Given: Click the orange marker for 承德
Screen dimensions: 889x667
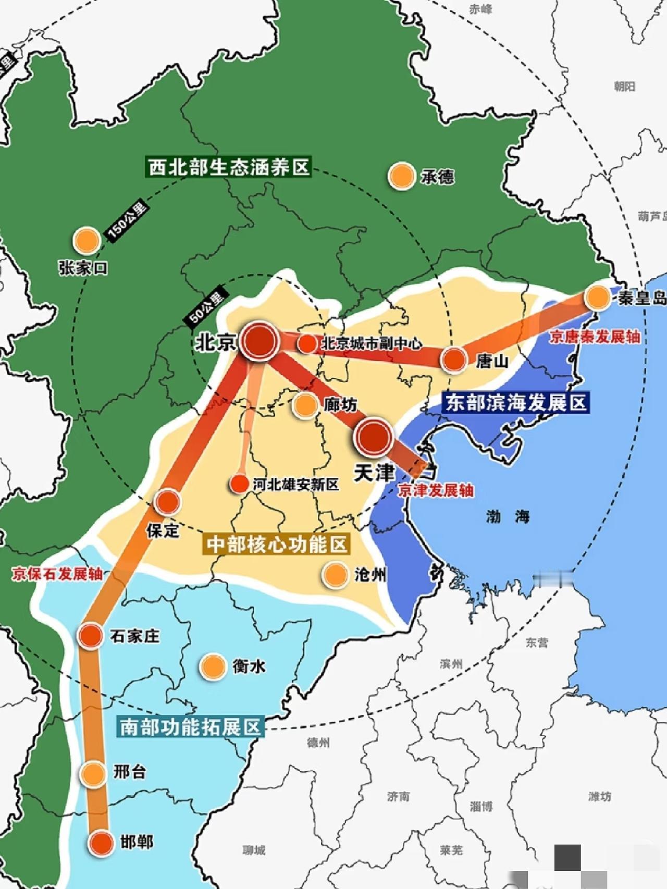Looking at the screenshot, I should pyautogui.click(x=401, y=176).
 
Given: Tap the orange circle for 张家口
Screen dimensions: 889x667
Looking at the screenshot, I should pyautogui.click(x=87, y=241).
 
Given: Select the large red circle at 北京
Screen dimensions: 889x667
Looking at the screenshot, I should pyautogui.click(x=259, y=341).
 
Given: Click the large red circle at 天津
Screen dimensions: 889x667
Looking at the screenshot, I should pyautogui.click(x=373, y=437).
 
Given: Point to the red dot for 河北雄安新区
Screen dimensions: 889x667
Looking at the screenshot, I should pyautogui.click(x=239, y=484).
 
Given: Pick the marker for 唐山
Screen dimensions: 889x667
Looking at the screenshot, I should pyautogui.click(x=453, y=360).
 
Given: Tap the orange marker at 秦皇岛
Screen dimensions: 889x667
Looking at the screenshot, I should pyautogui.click(x=597, y=297).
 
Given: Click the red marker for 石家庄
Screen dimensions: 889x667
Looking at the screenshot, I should pyautogui.click(x=90, y=636).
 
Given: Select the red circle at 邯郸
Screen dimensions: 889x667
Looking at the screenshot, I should pyautogui.click(x=101, y=843).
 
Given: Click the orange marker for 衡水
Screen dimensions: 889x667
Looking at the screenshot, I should pyautogui.click(x=213, y=666).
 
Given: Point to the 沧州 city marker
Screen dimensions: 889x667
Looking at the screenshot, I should pyautogui.click(x=335, y=574).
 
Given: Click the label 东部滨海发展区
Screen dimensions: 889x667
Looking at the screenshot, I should pyautogui.click(x=516, y=402).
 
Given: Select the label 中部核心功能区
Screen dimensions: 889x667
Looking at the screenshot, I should pyautogui.click(x=277, y=545).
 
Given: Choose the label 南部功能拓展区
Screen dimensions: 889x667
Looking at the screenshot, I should pyautogui.click(x=190, y=726).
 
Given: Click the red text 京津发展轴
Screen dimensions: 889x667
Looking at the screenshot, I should pyautogui.click(x=436, y=490).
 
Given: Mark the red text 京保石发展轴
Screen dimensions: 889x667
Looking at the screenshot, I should pyautogui.click(x=57, y=574).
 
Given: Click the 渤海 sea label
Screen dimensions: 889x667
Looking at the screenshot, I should pyautogui.click(x=508, y=516).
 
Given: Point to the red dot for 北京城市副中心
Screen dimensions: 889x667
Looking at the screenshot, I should pyautogui.click(x=307, y=343).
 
